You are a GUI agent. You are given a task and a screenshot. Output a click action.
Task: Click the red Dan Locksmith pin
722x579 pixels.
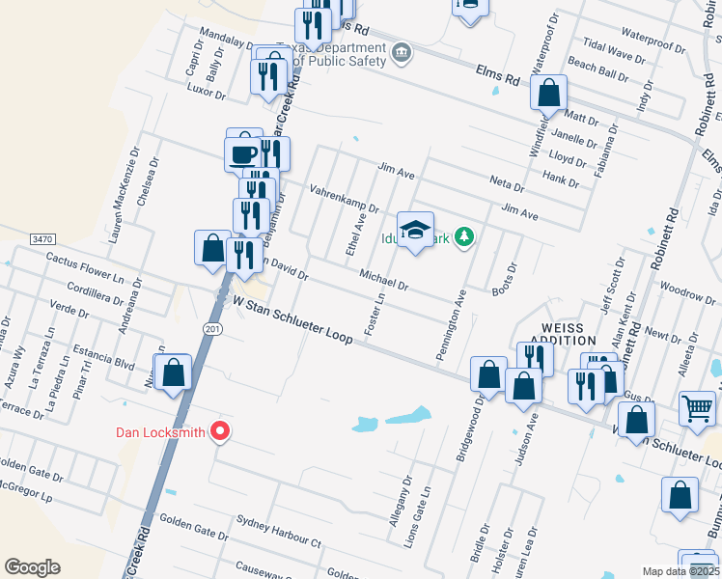[x=221, y=431]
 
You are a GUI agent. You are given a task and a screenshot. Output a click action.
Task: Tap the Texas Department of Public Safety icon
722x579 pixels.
[x=403, y=52]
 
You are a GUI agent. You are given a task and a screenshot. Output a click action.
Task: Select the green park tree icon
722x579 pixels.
[x=464, y=236]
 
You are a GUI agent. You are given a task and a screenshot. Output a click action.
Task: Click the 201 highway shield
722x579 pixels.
[x=210, y=329]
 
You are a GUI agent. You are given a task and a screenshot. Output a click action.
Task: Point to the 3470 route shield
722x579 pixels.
[x=42, y=238]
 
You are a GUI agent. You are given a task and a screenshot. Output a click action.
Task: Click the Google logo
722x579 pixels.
[x=33, y=566]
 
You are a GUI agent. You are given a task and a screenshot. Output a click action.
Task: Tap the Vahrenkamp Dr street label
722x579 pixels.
[x=344, y=199]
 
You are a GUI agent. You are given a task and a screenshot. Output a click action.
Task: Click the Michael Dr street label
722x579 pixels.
[x=384, y=281]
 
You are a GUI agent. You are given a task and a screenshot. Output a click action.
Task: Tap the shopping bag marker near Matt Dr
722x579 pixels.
[x=548, y=95]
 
